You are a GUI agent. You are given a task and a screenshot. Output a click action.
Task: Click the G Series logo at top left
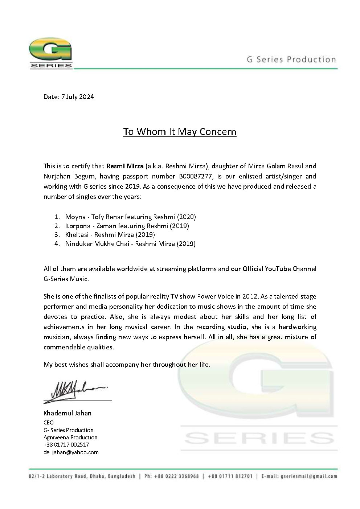click(x=50, y=55)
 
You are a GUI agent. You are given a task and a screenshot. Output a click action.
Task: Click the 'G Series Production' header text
click(x=291, y=59)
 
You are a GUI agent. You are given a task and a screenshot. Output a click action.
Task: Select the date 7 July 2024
click(x=77, y=97)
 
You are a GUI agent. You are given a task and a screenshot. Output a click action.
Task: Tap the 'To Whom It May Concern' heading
click(x=180, y=131)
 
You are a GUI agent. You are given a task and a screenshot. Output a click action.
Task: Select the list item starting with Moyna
click(x=130, y=217)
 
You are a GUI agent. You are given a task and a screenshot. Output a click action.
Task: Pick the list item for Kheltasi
click(x=110, y=235)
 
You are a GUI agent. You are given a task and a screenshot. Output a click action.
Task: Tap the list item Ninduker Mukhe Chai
click(x=130, y=244)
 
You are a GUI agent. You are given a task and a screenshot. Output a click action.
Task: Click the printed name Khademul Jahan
click(x=67, y=413)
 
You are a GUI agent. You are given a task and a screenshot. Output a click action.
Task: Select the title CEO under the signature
click(x=49, y=422)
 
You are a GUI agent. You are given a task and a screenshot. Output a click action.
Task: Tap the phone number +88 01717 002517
click(x=66, y=444)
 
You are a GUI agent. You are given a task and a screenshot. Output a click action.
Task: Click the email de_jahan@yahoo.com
click(x=71, y=452)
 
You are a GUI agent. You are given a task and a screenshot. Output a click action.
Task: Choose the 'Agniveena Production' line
click(x=70, y=437)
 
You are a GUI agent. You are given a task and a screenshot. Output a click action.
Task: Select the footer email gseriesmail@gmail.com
click(x=309, y=476)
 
